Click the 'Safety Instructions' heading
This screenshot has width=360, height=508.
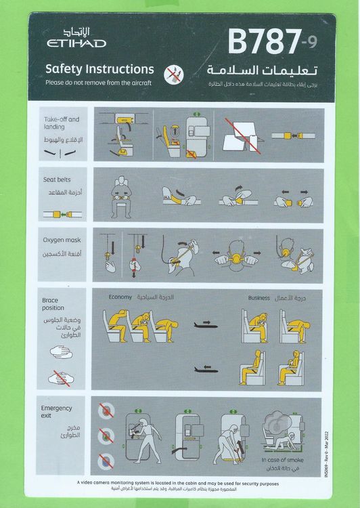(x=99, y=69)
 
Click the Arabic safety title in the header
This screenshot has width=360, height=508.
(x=279, y=70)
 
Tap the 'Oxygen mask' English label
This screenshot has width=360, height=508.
(x=61, y=238)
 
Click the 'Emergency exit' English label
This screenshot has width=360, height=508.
(x=57, y=412)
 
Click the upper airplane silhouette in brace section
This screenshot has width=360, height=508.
(x=204, y=324)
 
